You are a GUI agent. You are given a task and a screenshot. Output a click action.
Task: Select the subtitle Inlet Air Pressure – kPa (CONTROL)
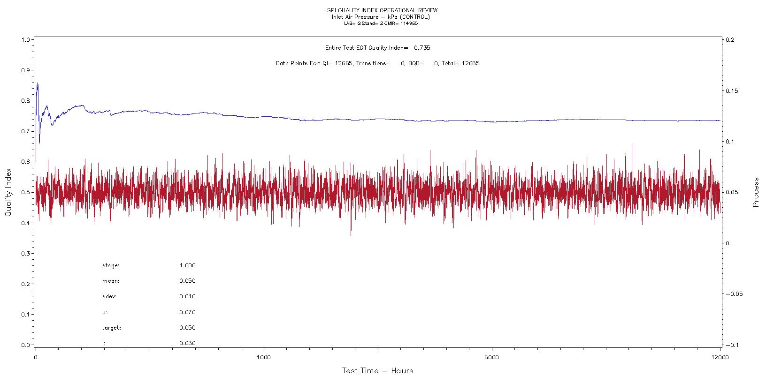[x=380, y=17]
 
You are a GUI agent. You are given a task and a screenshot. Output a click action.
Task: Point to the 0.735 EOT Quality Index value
[x=422, y=48]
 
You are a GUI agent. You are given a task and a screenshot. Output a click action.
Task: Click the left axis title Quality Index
[x=8, y=193]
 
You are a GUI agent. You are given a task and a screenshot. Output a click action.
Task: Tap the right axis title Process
[x=756, y=192]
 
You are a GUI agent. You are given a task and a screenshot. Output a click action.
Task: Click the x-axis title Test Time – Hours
[x=377, y=371]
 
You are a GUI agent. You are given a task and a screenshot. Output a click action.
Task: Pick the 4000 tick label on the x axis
[x=264, y=356]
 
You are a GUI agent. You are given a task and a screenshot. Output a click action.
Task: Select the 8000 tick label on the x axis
[x=492, y=356]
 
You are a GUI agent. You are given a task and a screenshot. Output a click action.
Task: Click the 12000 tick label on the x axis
[x=720, y=356]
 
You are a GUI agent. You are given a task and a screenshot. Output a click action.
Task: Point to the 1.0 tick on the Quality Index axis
[x=25, y=40]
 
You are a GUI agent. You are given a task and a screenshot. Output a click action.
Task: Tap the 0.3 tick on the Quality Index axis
[x=25, y=254]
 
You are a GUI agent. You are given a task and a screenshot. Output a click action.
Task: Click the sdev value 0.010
[x=187, y=296]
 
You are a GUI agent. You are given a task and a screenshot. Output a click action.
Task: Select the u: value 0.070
[x=187, y=312]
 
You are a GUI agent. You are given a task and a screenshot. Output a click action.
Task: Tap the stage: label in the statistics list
[x=111, y=266]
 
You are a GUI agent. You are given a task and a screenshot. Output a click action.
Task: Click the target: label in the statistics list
[x=111, y=328]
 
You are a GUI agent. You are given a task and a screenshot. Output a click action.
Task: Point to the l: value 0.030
[x=187, y=343]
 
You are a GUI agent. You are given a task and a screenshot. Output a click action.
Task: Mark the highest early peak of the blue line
[x=37, y=83]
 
